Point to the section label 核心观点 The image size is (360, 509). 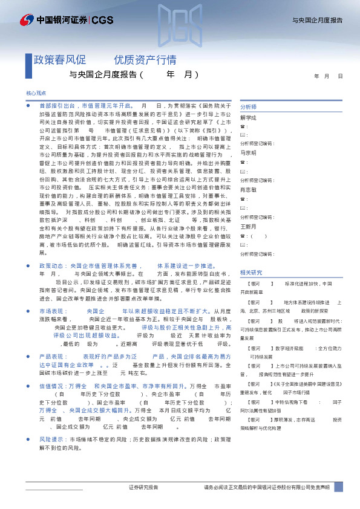[36, 94]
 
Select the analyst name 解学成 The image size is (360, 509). [249, 118]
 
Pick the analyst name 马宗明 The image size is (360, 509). [249, 153]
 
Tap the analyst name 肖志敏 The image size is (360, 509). [249, 189]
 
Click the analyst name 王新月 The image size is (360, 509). [249, 227]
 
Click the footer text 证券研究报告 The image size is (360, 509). [143, 487]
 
